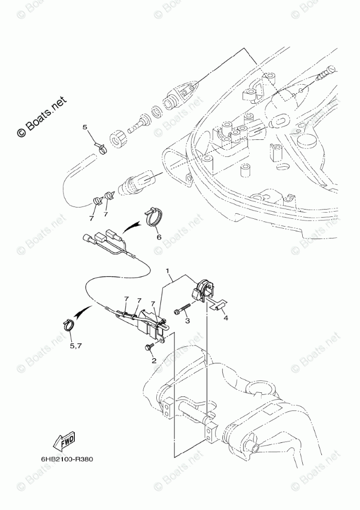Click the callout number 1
[x=168, y=270]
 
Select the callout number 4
[x=225, y=318]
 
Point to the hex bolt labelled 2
[x=149, y=347]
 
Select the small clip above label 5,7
[x=68, y=326]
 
